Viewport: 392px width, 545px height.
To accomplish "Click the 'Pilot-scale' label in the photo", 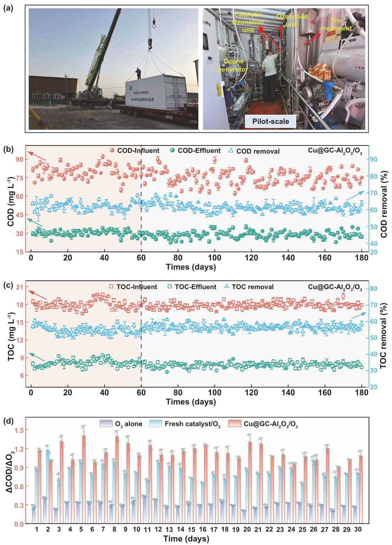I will tap(270, 121).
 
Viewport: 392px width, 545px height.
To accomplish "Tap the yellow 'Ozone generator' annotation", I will tap(233, 65).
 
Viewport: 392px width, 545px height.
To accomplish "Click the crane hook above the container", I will tap(150, 44).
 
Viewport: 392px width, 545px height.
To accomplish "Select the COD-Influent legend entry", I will tap(134, 151).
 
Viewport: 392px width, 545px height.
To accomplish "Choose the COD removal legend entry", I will tap(254, 151).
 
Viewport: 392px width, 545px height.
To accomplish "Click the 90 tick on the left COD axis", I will tap(19, 159).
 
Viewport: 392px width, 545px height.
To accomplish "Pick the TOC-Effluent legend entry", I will tap(192, 287).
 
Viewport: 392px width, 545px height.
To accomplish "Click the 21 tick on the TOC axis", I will tap(19, 287).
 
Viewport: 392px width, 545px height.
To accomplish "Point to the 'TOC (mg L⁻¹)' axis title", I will tap(11, 336).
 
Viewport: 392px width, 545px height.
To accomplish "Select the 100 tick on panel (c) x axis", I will tap(214, 392).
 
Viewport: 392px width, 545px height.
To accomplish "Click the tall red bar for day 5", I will tap(84, 478).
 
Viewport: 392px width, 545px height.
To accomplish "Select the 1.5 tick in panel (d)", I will tap(19, 430).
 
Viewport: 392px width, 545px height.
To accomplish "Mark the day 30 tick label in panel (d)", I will tap(358, 529).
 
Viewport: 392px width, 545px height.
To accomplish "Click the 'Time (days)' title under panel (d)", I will tap(186, 539).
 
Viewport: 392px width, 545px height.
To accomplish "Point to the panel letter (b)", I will tap(8, 149).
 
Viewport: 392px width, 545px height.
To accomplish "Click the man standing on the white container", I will tap(138, 73).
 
